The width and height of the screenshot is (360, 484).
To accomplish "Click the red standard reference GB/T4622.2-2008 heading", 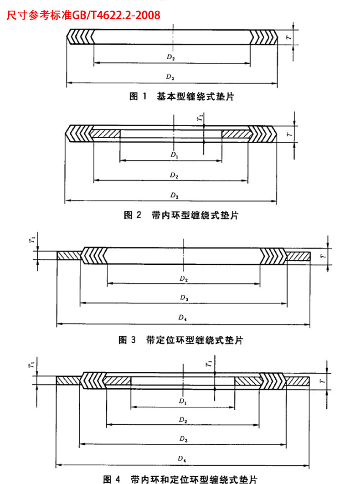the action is (83, 15).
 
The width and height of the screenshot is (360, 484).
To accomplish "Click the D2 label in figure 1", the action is (171, 57).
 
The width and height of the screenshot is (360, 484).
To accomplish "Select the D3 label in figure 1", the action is (170, 77).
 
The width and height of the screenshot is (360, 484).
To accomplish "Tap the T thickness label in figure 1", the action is (289, 37).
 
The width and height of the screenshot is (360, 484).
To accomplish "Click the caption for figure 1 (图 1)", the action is (181, 96).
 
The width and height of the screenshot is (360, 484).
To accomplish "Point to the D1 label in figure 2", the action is (175, 154).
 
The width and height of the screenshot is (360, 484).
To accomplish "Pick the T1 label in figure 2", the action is (201, 117).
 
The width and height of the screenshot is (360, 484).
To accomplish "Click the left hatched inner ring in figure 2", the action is (105, 134).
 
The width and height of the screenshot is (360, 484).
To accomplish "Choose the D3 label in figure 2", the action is (175, 196).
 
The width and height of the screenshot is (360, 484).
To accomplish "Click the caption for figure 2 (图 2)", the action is (181, 215).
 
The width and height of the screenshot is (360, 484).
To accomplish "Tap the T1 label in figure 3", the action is (32, 239).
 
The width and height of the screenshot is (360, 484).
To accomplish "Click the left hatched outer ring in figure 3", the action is (69, 256).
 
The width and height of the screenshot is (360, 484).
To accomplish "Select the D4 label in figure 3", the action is (183, 317).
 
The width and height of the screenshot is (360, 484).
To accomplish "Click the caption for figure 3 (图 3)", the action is (180, 340).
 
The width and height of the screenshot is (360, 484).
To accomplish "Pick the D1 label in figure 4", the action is (183, 401).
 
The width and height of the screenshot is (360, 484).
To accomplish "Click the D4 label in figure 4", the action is (182, 458).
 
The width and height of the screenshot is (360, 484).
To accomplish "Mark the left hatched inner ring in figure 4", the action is (117, 381).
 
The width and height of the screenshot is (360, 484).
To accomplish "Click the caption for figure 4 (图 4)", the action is (180, 479).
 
